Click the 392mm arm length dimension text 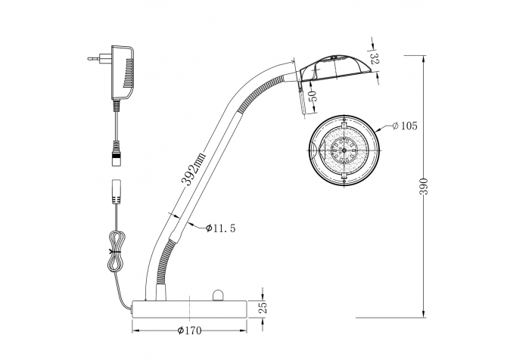tap(193, 169)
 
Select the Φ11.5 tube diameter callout tap(220, 228)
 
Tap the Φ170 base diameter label tap(189, 331)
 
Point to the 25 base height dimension tap(263, 308)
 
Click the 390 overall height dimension tap(424, 186)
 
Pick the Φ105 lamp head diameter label tap(405, 126)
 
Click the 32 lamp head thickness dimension tap(375, 58)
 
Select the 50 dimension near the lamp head tap(313, 96)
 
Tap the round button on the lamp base tap(218, 296)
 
